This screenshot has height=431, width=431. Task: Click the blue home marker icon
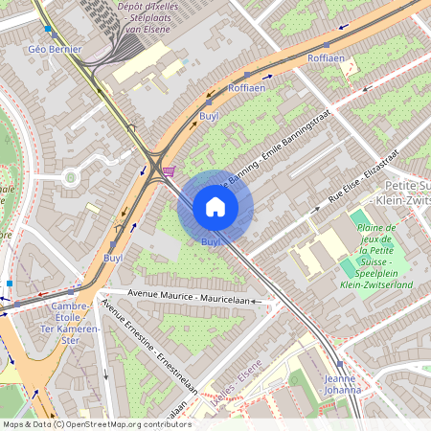coord(215,207)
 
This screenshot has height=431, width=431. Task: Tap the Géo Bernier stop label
coord(55,49)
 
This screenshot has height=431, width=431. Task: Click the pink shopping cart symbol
coord(170,172)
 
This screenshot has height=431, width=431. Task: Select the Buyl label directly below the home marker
coord(211,242)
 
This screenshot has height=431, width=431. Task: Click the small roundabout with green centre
coord(69,176)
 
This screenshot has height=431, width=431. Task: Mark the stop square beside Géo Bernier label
coord(49,30)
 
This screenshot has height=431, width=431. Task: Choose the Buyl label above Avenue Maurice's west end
coord(113,258)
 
